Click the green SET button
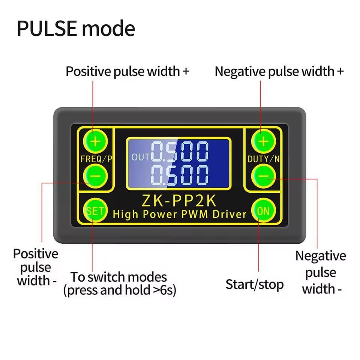pos(94,210)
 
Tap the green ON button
pos(263,210)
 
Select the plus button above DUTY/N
pos(264,141)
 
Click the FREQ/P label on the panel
pos(96,159)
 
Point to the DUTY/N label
pos(264,159)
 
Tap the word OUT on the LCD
pos(140,157)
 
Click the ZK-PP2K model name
pos(179,201)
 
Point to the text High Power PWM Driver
pos(179,214)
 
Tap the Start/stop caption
pos(254,284)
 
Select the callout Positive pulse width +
pos(127,71)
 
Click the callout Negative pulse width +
pos(279,71)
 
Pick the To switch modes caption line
pos(119,277)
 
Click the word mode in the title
pos(109,29)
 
